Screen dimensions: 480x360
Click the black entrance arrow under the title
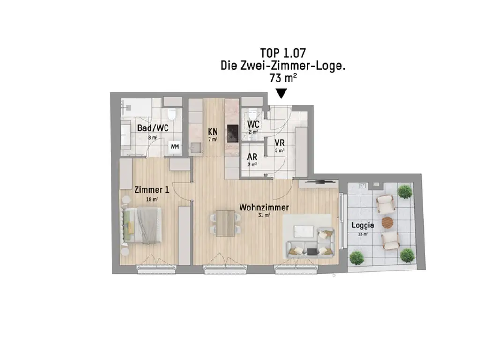[x=281, y=93]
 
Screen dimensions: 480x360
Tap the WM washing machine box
[x=174, y=147]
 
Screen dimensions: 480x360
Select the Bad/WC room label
[x=153, y=128]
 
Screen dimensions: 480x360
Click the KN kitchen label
[x=213, y=132]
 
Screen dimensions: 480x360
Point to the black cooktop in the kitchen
[x=232, y=133]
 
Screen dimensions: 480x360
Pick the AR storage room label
[x=252, y=157]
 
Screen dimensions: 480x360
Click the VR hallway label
[x=279, y=142]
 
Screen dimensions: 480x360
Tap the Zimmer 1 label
[x=152, y=190]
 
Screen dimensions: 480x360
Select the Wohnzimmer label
[x=264, y=207]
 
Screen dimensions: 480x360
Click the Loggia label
[x=363, y=225]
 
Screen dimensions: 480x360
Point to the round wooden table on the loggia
[x=387, y=222]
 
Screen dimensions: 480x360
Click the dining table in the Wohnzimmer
[x=225, y=223]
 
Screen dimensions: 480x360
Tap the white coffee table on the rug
[x=304, y=232]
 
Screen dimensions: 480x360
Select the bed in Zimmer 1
[x=142, y=225]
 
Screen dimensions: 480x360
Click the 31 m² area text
[x=264, y=215]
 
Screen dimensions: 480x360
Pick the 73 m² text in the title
[x=283, y=78]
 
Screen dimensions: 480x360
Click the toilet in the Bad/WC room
[x=172, y=113]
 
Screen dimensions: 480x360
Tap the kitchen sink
[x=196, y=148]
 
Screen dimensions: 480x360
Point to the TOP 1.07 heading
[x=283, y=53]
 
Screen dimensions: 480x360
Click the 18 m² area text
[x=152, y=199]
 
